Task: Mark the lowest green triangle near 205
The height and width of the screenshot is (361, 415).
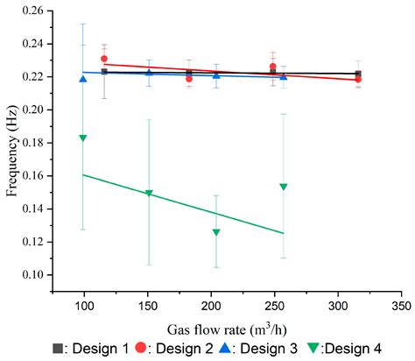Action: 216,232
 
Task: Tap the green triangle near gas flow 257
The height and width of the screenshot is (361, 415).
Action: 284,187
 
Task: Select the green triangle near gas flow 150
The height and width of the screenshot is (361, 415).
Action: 149,193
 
